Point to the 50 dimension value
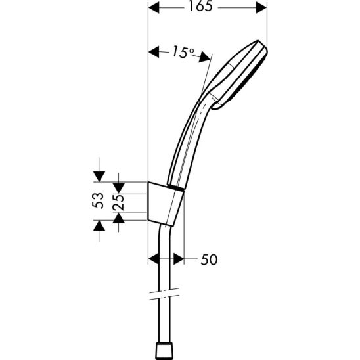(x=208, y=259)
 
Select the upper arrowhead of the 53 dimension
(x=99, y=175)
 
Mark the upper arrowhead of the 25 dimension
(x=119, y=179)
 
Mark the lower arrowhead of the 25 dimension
(x=119, y=217)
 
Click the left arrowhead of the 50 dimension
(x=154, y=259)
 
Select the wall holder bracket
(x=164, y=204)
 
